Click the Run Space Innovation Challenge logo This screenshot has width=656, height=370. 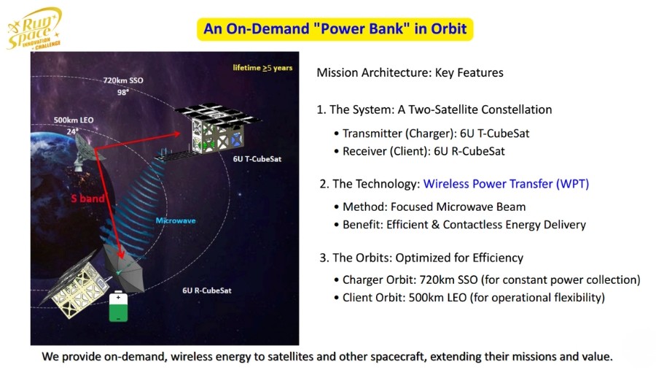(34, 29)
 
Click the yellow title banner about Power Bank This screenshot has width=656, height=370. (335, 29)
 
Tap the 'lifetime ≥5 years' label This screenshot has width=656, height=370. (262, 67)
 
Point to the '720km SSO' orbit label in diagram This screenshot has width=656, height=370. (123, 80)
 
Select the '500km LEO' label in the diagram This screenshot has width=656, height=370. (74, 120)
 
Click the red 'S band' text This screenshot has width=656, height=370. (87, 199)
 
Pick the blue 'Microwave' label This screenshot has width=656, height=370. (175, 220)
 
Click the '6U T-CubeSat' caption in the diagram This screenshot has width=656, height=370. (257, 159)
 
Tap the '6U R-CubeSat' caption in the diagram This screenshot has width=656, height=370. (207, 290)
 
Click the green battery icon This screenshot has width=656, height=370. (118, 307)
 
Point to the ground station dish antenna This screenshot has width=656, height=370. (86, 152)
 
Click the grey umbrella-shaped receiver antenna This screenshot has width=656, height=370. (124, 268)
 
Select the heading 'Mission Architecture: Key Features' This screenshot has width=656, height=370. (410, 72)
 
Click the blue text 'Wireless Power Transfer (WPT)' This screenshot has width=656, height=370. (507, 183)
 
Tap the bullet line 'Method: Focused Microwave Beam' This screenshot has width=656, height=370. (434, 207)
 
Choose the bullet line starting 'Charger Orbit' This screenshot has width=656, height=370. (487, 280)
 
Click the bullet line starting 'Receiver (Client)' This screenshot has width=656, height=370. (419, 151)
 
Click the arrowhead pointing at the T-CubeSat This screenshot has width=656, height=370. (176, 134)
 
